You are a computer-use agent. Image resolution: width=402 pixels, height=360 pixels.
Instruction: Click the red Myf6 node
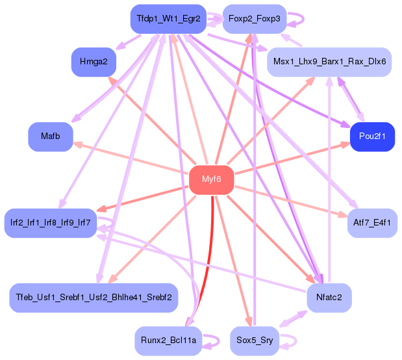pos(212,179)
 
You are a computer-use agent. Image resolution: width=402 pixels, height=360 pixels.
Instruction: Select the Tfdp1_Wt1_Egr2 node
pos(169,19)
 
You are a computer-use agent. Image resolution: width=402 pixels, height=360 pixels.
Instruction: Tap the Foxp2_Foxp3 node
pos(254,19)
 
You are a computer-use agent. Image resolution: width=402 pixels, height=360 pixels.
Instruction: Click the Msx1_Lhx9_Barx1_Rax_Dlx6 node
pos(329,62)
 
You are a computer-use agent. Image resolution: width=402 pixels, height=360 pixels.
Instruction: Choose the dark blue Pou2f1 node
pos(372,136)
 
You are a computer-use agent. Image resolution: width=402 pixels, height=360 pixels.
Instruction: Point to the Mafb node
pos(50,136)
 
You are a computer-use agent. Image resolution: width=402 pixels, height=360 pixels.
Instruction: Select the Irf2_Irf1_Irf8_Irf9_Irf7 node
pos(50,223)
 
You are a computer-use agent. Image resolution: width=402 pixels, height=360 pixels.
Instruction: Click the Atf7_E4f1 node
pos(372,223)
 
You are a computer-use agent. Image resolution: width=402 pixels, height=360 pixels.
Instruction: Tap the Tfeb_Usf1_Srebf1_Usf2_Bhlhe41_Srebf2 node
pos(94,298)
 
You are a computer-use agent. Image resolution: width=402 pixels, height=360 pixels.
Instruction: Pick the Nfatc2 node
pos(329,298)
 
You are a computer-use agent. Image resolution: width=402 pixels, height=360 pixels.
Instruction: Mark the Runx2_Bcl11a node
pos(169,341)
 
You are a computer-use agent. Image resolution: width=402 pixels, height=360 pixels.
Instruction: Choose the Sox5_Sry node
pos(254,341)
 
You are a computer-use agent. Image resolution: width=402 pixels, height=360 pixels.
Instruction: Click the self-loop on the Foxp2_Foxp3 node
pos(295,19)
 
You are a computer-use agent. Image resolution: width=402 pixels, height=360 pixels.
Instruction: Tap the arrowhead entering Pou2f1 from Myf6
pos(344,146)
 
